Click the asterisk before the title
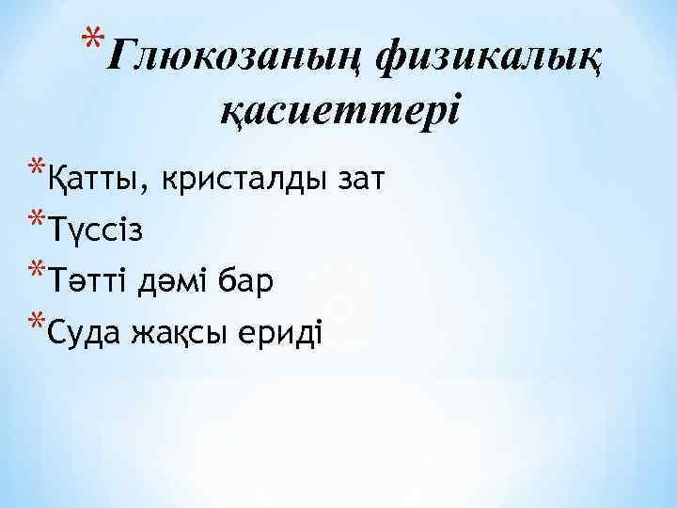(90, 42)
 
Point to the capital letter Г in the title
(119, 58)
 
